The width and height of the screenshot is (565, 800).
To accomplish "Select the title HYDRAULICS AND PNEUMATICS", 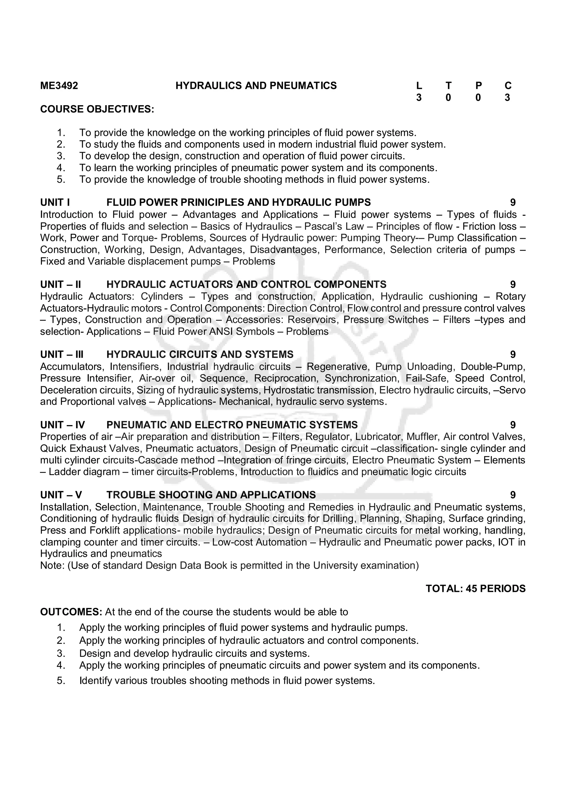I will click(x=256, y=86).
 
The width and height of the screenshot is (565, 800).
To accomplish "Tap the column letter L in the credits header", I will click(x=419, y=86).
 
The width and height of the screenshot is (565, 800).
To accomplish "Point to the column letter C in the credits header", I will click(x=508, y=86).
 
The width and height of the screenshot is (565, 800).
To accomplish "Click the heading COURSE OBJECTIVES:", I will click(x=97, y=109).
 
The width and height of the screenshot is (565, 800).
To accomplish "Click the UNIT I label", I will click(x=55, y=202).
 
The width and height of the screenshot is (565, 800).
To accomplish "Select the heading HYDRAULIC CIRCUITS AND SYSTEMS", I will click(x=200, y=354).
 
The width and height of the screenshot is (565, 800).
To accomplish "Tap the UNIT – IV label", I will click(x=62, y=425).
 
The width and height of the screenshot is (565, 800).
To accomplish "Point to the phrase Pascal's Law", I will click(x=334, y=226).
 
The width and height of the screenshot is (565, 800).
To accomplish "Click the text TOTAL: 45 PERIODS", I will click(x=476, y=589).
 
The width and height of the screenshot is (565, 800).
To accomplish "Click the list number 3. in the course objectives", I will click(x=61, y=156).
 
